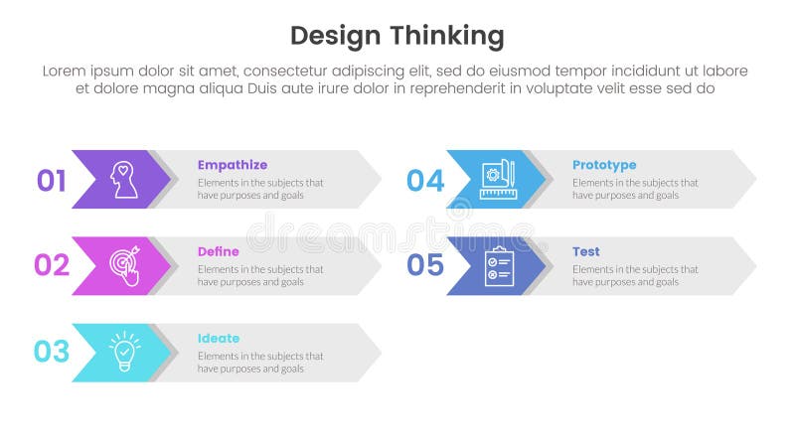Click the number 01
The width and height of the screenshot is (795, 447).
[x=51, y=181]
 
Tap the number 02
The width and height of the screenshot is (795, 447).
[x=51, y=266]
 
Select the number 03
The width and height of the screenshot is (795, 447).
[x=51, y=352]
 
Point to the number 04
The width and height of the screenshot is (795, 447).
[x=425, y=181]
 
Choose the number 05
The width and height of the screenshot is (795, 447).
[x=425, y=266]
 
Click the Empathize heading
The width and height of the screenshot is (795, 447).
[x=232, y=165]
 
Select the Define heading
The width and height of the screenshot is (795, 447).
[x=218, y=251]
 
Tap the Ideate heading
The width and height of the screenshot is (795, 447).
[x=218, y=338]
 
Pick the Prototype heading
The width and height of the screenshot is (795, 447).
[x=604, y=165]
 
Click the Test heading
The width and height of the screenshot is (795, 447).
[x=585, y=251]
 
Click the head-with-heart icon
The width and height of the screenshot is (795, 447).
[x=124, y=179]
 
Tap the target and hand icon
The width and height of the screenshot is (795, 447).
[x=124, y=265]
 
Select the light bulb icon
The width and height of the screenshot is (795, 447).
[x=124, y=352]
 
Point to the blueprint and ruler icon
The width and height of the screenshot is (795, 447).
[x=497, y=179]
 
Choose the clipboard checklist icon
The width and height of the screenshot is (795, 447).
[x=498, y=265]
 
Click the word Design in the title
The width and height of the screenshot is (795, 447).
[x=336, y=37]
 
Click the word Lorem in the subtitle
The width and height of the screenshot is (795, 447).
[x=67, y=71]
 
